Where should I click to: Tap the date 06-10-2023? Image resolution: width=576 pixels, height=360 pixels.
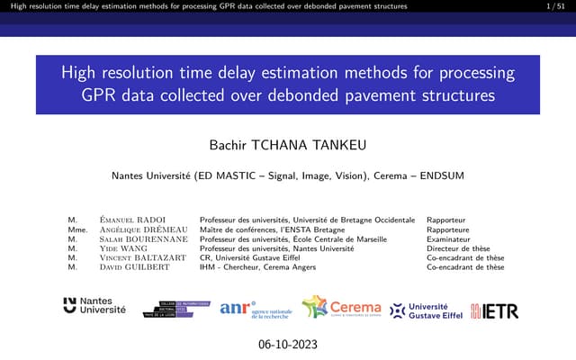click(287, 345)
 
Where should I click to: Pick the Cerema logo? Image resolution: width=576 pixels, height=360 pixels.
click(341, 308)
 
